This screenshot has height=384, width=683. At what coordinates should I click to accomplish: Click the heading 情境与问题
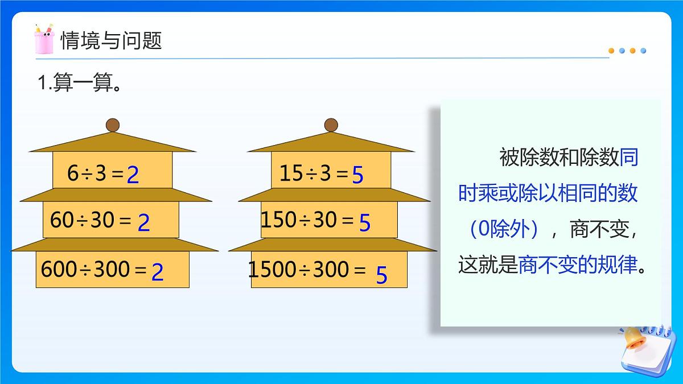point(111,40)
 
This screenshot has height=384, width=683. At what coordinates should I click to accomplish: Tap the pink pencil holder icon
point(44,39)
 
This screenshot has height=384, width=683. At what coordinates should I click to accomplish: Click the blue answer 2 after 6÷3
point(133,175)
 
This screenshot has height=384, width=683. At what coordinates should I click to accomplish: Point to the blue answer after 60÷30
point(144,222)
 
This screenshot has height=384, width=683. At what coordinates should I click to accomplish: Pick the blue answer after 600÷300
point(158,272)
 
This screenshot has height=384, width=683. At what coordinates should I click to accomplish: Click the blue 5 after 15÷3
point(357,175)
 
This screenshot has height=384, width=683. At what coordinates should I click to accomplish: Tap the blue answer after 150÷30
point(365,223)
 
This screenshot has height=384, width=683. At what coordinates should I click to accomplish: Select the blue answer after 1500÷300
point(381,276)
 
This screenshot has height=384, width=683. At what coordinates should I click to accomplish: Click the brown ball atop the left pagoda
point(113,125)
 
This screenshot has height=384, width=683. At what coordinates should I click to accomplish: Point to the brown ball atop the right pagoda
point(331,125)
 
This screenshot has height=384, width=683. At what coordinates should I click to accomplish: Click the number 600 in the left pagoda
point(59,269)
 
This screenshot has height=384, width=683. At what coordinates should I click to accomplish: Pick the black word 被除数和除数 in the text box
point(559,158)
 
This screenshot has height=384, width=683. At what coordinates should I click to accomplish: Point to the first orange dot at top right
point(611,51)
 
